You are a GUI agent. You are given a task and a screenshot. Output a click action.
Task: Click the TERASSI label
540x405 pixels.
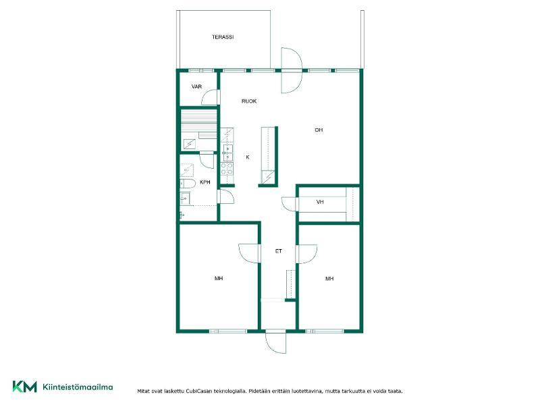click(223, 37)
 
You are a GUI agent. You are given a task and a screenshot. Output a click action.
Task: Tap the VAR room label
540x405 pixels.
click(196, 86)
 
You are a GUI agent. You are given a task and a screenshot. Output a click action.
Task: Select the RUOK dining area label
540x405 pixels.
click(249, 101)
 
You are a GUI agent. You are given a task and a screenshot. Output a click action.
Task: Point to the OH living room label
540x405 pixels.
click(319, 130)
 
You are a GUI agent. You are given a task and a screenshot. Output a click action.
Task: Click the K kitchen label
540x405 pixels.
click(247, 157)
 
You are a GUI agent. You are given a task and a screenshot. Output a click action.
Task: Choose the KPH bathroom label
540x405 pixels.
click(205, 182)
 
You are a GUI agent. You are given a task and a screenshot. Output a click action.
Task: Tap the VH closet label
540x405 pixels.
click(320, 202)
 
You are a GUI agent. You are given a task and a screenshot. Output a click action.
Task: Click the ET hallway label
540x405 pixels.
click(279, 251)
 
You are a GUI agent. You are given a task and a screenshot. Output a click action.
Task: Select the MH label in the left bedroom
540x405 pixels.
click(219, 278)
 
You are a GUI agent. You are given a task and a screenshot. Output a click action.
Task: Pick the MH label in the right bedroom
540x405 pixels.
click(329, 278)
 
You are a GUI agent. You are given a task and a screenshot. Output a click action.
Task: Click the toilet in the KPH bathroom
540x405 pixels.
click(188, 184)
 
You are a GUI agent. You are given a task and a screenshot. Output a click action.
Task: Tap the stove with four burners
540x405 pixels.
click(227, 168)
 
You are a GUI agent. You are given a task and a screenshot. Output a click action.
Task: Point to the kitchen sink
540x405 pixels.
click(227, 153)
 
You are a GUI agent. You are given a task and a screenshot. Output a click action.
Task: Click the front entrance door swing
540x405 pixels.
click(275, 343)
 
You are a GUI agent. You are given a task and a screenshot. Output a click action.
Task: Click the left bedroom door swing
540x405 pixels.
click(248, 254)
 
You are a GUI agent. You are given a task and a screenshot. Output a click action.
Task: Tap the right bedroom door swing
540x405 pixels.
click(307, 254)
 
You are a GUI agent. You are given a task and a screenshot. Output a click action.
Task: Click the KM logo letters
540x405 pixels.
click(25, 386)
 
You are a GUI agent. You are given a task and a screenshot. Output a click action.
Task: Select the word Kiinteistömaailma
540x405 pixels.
click(78, 387)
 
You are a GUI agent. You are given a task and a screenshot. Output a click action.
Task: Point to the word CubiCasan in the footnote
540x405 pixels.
click(199, 391)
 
